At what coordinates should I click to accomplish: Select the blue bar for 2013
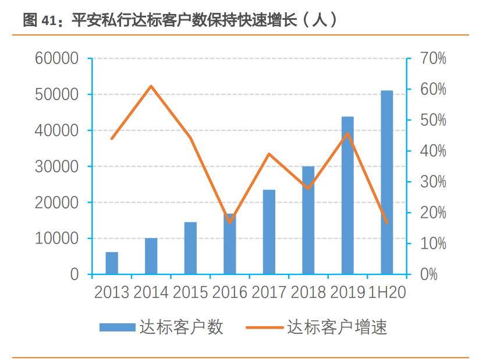point(112,263)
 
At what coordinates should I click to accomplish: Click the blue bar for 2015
point(190,248)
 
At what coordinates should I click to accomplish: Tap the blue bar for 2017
point(269,232)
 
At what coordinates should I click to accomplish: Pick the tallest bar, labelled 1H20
point(387,182)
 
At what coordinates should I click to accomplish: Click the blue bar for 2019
point(347,195)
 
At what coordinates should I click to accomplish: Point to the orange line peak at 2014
point(151,86)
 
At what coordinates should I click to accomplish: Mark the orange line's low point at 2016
point(230,222)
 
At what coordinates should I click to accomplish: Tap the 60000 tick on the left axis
point(56,58)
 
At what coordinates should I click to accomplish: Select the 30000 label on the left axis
point(56,167)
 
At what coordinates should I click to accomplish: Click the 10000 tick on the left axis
point(56,239)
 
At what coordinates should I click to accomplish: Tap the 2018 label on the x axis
point(308,292)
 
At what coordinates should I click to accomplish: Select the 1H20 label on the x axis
point(387,292)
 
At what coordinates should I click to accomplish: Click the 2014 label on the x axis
point(151,292)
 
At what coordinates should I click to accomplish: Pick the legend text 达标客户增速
point(337,327)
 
